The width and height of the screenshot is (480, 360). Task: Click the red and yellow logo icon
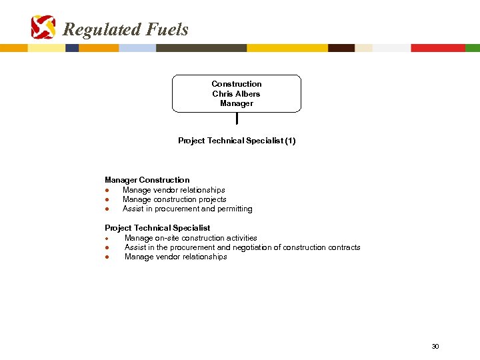pos(43,27)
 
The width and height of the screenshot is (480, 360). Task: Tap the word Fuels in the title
pos(167,29)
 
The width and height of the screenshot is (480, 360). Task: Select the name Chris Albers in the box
pos(236,94)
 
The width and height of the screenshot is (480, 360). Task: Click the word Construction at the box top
pos(236,84)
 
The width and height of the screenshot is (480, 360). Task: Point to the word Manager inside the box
pos(236,104)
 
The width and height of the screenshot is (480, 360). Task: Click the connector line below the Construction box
pos(237,119)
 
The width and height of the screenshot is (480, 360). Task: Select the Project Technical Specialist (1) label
pos(237,141)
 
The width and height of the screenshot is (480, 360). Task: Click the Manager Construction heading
pos(147,180)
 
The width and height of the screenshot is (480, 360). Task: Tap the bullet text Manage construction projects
pos(174,199)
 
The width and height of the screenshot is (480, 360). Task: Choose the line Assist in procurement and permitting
pos(187,209)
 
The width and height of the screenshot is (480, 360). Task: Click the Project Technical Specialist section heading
pos(157,228)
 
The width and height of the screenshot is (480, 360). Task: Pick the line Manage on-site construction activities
pos(191,238)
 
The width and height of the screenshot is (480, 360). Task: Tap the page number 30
pos(435,347)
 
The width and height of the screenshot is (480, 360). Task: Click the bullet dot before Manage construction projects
pos(107,199)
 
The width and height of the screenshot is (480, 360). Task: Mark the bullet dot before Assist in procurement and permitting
pos(107,209)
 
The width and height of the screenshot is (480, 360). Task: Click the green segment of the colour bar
pos(472,48)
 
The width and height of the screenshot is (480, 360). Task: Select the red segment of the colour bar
pos(437,48)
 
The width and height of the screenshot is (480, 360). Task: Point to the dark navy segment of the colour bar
pos(72,48)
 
